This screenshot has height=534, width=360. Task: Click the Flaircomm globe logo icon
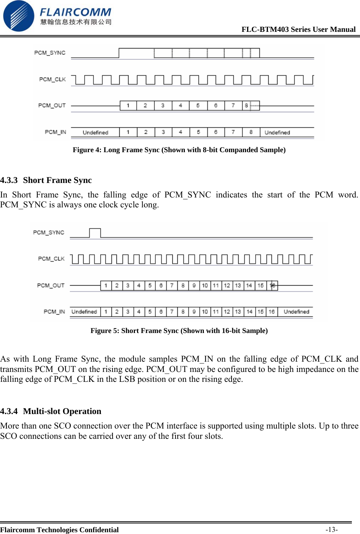18,16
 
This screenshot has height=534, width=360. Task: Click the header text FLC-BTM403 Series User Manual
298,29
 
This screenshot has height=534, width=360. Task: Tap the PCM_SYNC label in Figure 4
50,53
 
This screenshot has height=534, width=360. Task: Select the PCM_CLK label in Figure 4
52,79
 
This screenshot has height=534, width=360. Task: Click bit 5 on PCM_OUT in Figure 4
198,105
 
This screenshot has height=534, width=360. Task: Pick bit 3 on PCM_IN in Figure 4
163,132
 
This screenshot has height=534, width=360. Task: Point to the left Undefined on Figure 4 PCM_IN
95,132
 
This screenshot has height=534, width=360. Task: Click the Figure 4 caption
179,150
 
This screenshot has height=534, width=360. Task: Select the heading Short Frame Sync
57,180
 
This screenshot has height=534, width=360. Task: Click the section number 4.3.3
9,180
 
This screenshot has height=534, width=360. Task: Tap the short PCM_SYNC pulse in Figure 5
95,233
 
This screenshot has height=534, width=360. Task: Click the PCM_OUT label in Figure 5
51,285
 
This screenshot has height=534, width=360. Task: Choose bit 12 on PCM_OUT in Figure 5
227,285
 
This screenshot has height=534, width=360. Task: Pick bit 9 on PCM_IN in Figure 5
194,312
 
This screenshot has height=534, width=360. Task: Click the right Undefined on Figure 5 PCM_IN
296,312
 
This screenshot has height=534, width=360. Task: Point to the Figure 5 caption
179,331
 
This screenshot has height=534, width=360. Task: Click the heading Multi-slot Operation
62,411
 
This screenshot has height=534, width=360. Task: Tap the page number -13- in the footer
332,529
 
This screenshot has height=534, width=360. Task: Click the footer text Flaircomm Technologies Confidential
59,530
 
